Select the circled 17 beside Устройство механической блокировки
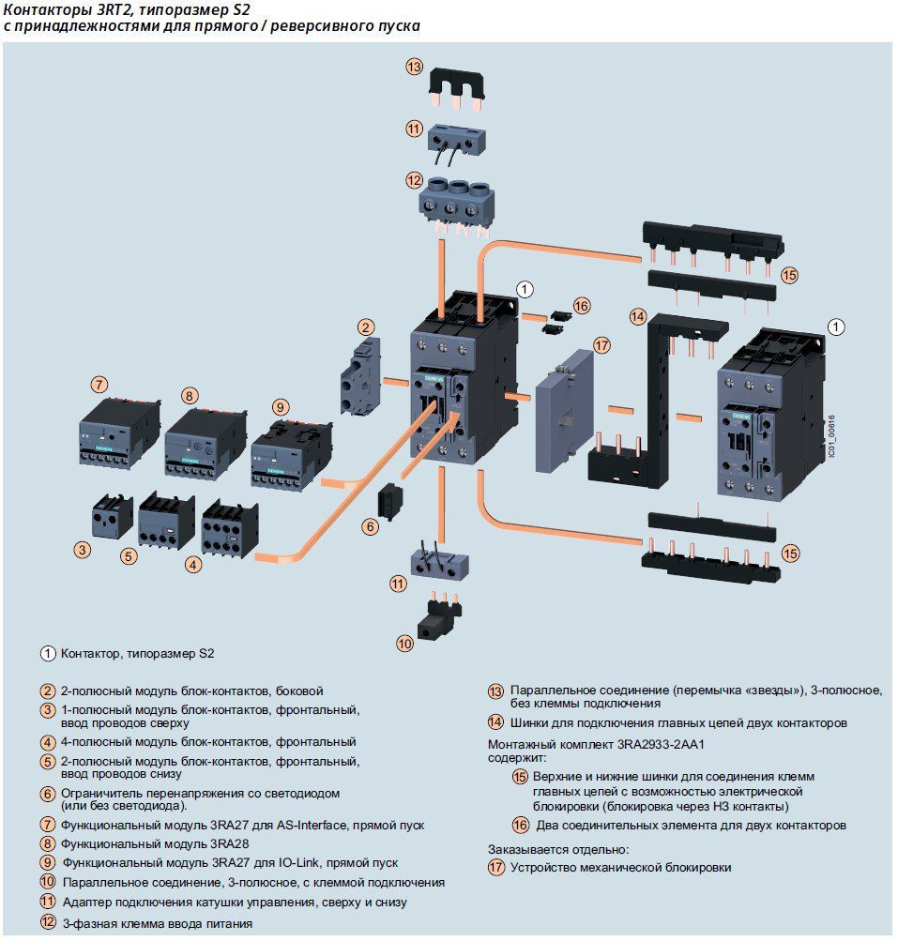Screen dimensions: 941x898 click(495, 868)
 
